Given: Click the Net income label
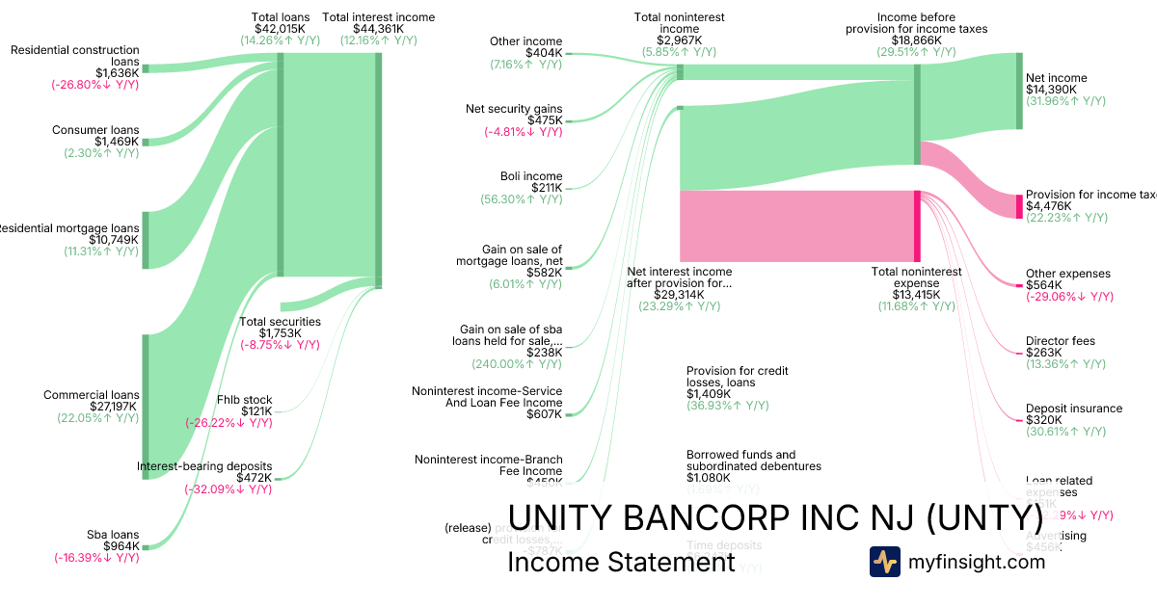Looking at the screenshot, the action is click(1056, 78).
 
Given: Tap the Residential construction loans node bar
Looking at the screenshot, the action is click(146, 68).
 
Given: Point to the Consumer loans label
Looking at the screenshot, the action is click(95, 130).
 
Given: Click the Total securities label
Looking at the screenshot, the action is click(280, 322).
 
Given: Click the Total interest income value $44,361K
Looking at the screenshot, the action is click(378, 29).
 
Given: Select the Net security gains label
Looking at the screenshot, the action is click(513, 109).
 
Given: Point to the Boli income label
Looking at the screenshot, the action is click(531, 176).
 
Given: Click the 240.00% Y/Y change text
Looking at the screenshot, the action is click(516, 364).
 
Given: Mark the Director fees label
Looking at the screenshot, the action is click(1060, 341).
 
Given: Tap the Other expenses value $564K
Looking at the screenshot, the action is click(1043, 285).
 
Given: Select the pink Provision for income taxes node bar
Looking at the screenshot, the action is click(1018, 206).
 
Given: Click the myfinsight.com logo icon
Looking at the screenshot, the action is click(884, 562).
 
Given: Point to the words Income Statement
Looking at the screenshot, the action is click(621, 563).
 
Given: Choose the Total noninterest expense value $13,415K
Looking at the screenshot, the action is click(916, 295).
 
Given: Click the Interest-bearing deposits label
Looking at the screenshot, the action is click(204, 466).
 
